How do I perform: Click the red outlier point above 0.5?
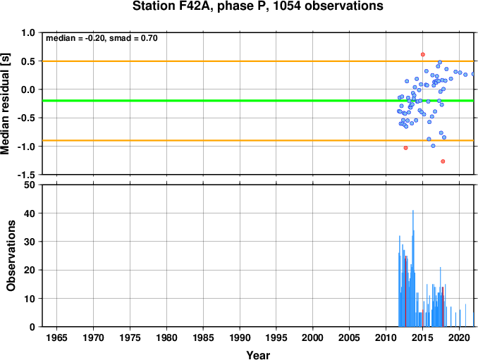coord(423,54)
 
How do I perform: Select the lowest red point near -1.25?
coord(443,161)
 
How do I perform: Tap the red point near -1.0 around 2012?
coord(406,148)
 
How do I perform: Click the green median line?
coord(258,101)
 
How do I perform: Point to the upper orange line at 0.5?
coord(258,61)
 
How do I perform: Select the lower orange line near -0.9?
coord(258,140)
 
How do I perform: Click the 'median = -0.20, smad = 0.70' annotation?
coord(102,38)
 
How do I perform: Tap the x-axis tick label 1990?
coord(240,337)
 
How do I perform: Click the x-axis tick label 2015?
coord(422,337)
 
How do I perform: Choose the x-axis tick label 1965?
coord(56,337)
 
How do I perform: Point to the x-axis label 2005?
coord(350,337)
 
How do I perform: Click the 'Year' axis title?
coord(258,355)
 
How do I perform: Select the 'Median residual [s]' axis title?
coord(5,104)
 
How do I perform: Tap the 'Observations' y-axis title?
coord(11,256)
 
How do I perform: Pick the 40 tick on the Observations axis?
coord(30,213)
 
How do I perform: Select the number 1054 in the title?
coord(286,6)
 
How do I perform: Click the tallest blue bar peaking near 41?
coord(413,268)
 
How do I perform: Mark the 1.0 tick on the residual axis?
coord(28,32)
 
